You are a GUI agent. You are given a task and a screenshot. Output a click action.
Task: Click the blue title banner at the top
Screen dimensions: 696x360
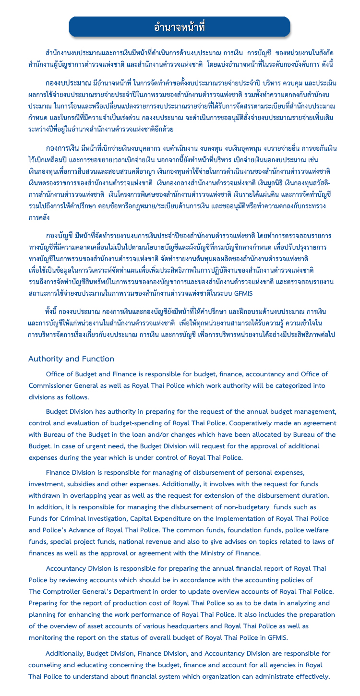click(180, 27)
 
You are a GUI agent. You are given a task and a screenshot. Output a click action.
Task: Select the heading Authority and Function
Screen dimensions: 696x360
click(71, 359)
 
